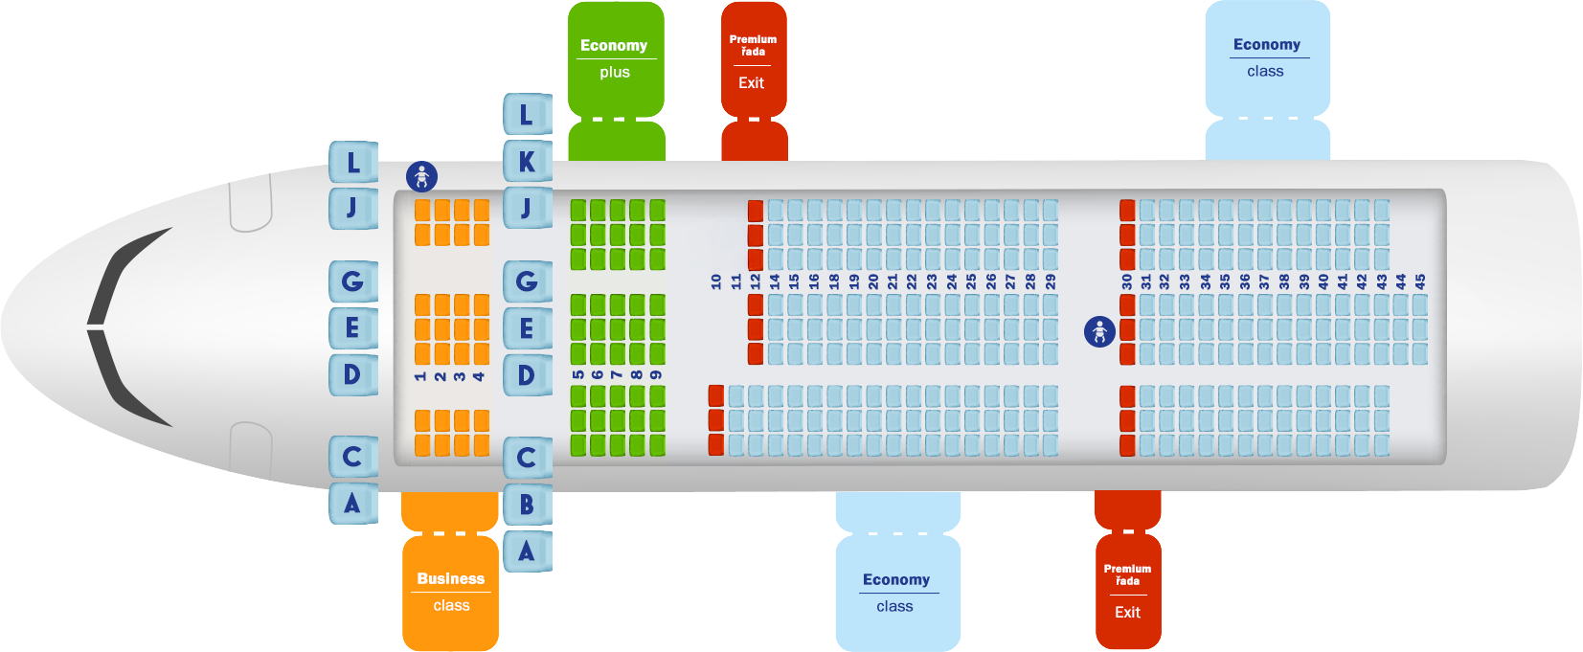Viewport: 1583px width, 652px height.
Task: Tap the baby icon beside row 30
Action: coord(1099,331)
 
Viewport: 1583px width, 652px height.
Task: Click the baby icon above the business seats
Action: coord(422,176)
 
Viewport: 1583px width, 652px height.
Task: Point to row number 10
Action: coord(716,281)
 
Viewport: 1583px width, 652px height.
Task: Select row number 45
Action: coord(1420,281)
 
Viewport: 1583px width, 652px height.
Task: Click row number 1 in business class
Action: coord(420,376)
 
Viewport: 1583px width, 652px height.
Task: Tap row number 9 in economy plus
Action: coord(657,375)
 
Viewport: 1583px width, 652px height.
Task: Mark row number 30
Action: coord(1127,281)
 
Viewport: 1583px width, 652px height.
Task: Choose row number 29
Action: coord(1051,281)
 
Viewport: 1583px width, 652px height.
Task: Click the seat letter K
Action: coord(528,161)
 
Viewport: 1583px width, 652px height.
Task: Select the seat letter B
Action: coord(528,505)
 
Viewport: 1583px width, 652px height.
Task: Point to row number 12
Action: coord(756,281)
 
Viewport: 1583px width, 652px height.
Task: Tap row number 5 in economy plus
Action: coord(578,375)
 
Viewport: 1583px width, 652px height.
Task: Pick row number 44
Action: coord(1401,281)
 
